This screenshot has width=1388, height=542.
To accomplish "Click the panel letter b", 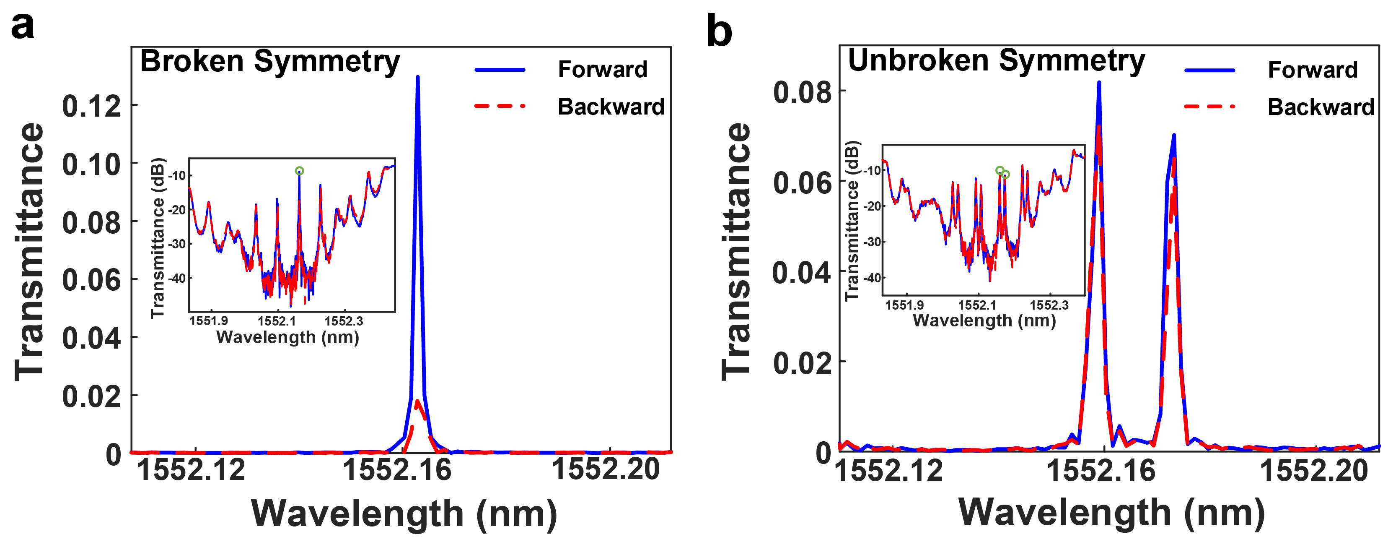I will [x=719, y=31].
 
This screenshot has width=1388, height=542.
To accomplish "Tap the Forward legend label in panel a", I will [x=602, y=70].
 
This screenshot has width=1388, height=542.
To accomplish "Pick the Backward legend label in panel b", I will [x=1321, y=107].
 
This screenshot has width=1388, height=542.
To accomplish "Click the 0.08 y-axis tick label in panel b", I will [x=802, y=92].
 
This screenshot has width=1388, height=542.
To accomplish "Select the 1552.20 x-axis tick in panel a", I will [x=606, y=469].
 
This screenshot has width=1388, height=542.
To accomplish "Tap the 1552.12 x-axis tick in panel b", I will [x=888, y=470].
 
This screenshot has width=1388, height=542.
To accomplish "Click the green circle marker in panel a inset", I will [x=300, y=171].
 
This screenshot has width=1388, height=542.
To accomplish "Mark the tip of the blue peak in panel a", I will [x=417, y=77].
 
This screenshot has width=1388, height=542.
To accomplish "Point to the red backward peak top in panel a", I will [x=417, y=401].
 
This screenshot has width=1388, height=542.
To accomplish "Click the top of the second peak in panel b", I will [x=1173, y=135].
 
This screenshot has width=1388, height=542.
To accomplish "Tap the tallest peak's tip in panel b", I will [x=1099, y=83].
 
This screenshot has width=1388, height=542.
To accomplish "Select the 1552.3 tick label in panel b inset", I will [x=1049, y=305].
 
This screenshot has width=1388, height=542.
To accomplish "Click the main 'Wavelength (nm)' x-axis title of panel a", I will [x=404, y=513].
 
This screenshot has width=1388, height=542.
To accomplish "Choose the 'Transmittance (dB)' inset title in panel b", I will [x=852, y=221].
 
